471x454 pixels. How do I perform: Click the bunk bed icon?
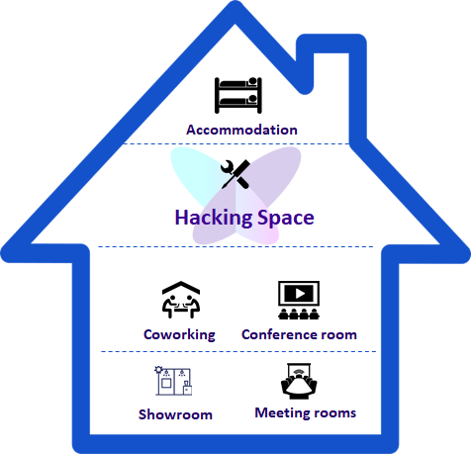pyautogui.click(x=238, y=95)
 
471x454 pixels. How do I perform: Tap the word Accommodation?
pyautogui.click(x=241, y=130)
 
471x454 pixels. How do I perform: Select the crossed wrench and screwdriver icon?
pyautogui.click(x=235, y=174)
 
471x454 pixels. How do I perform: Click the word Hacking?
pyautogui.click(x=214, y=218)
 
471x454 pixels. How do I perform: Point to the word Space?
pyautogui.click(x=286, y=219)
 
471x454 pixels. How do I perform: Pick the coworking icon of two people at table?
pyautogui.click(x=181, y=300)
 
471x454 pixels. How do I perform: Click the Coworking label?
pyautogui.click(x=179, y=335)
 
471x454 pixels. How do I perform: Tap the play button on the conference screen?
pyautogui.click(x=300, y=293)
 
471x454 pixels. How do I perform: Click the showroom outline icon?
pyautogui.click(x=173, y=381)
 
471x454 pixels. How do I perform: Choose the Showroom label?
pyautogui.click(x=175, y=414)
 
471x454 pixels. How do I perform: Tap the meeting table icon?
pyautogui.click(x=299, y=381)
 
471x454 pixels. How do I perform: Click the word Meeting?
pyautogui.click(x=279, y=413)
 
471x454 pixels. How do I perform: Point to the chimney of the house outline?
pyautogui.click(x=357, y=86)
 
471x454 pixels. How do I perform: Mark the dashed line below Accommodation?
pyautogui.click(x=236, y=143)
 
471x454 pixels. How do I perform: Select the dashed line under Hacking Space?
pyautogui.click(x=235, y=246)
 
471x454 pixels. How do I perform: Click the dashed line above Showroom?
pyautogui.click(x=238, y=351)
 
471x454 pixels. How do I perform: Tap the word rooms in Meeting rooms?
pyautogui.click(x=331, y=413)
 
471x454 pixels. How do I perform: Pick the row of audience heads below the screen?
pyautogui.click(x=299, y=315)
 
